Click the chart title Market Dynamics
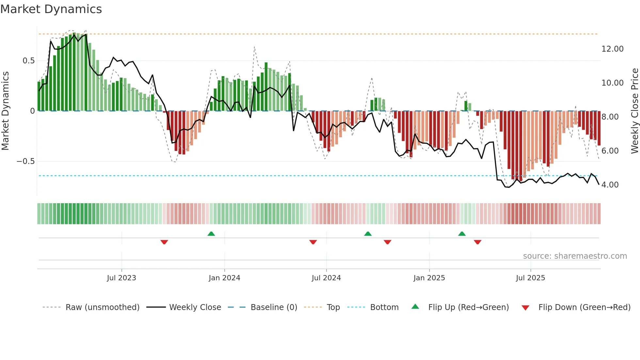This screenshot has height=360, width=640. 51,9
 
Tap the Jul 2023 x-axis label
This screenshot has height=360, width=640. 121,278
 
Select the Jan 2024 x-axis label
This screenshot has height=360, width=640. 224,278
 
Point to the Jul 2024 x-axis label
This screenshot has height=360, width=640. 326,278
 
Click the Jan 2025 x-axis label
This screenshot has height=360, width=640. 429,278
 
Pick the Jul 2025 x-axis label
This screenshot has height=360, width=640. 530,278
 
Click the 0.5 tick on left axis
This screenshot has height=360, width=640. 28,61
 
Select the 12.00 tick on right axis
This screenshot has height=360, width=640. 612,49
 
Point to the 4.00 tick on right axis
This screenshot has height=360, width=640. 610,185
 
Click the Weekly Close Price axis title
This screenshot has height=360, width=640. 634,111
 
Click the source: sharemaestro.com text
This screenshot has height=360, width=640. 575,256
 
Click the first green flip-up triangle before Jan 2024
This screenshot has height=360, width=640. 211,234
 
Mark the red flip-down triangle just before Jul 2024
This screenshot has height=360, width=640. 313,242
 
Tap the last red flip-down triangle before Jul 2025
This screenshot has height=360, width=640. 477,242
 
